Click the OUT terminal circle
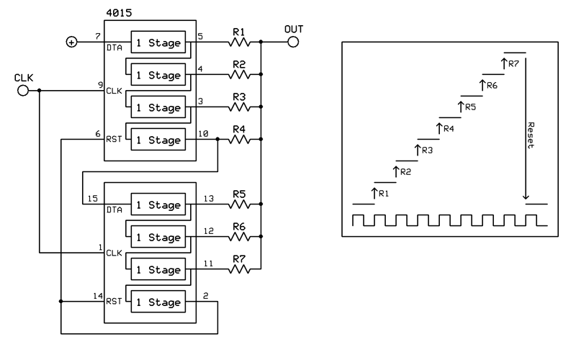click(x=292, y=42)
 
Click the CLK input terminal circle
click(x=22, y=91)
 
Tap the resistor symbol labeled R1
click(x=238, y=42)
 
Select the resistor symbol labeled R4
click(x=238, y=140)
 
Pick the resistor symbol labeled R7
click(x=238, y=270)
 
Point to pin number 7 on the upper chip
click(x=97, y=35)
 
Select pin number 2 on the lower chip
click(x=206, y=295)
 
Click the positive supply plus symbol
click(x=71, y=42)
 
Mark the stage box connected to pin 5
click(x=157, y=42)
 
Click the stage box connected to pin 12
click(x=157, y=237)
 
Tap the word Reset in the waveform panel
click(x=531, y=134)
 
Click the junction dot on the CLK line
click(x=40, y=91)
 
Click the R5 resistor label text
click(x=238, y=194)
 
